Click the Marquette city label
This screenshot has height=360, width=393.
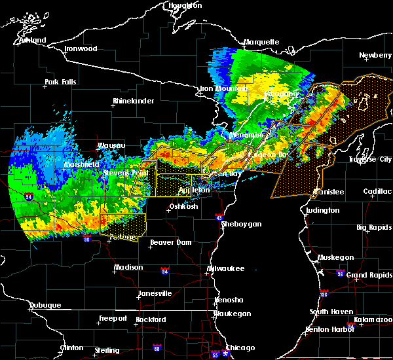(x=261, y=42)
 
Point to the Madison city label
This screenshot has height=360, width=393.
(x=128, y=267)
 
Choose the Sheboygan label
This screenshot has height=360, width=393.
(x=241, y=224)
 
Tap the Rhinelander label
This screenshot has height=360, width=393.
(x=133, y=101)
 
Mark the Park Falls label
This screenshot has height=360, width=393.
(x=60, y=82)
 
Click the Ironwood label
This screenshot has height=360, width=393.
(x=81, y=48)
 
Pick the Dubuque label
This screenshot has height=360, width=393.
(x=45, y=305)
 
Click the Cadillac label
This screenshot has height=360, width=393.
(x=377, y=190)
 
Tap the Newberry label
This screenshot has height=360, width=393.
(x=375, y=56)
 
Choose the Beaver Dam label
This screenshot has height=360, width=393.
(x=170, y=242)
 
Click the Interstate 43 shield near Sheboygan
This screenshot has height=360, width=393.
(x=219, y=217)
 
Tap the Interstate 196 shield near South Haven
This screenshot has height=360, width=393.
(x=324, y=295)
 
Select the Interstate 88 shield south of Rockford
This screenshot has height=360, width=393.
(x=156, y=348)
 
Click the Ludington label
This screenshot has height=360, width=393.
(x=322, y=210)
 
